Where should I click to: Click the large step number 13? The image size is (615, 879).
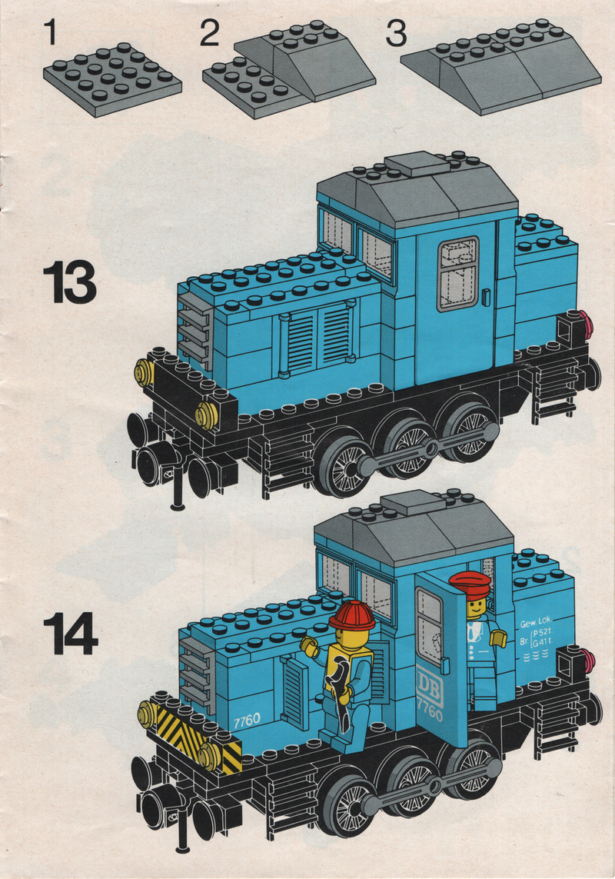pos(70,285)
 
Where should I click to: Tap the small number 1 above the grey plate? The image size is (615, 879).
pos(52,32)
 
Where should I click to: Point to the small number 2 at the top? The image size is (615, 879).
pos(210,33)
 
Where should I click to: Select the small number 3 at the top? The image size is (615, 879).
pos(397,33)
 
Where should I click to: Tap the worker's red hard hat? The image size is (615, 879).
pos(352,615)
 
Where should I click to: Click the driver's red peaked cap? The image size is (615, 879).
pos(469,584)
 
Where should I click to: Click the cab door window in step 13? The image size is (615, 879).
pos(458,273)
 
